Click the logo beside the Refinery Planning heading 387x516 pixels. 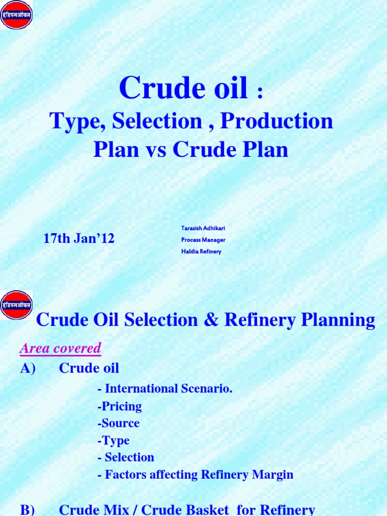[x=17, y=304]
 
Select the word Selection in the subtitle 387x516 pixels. [x=157, y=121]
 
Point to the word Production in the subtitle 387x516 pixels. [x=277, y=121]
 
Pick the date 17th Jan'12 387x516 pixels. [x=79, y=238]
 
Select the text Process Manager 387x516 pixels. [x=203, y=240]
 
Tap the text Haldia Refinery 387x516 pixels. [x=201, y=251]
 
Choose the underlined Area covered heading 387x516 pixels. [x=60, y=348]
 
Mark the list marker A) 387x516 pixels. [x=28, y=368]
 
